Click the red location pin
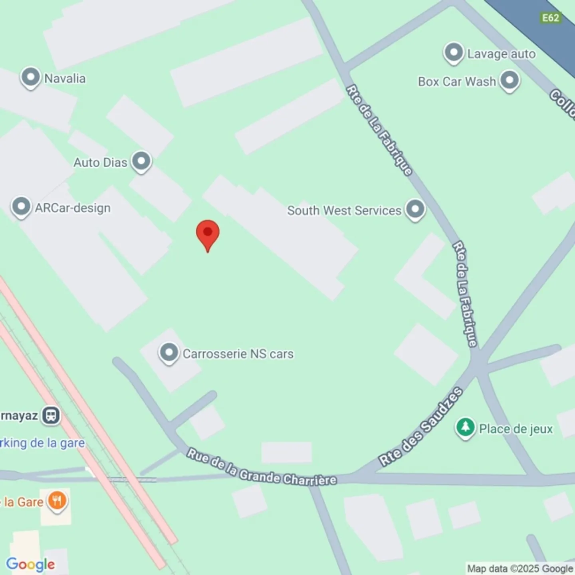click(208, 234)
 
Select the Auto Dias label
click(100, 163)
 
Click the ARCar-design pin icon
click(21, 207)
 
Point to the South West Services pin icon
click(415, 209)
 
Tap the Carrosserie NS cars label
click(238, 354)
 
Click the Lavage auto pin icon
click(454, 52)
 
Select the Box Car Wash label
click(457, 81)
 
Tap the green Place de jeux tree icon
click(465, 428)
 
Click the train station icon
click(51, 416)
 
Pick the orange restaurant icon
click(57, 501)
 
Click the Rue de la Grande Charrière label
click(262, 467)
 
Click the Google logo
click(31, 564)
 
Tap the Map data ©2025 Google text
click(520, 568)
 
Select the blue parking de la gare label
click(42, 443)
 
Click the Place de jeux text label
click(516, 429)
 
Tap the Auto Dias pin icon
click(141, 161)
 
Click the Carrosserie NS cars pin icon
click(169, 353)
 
